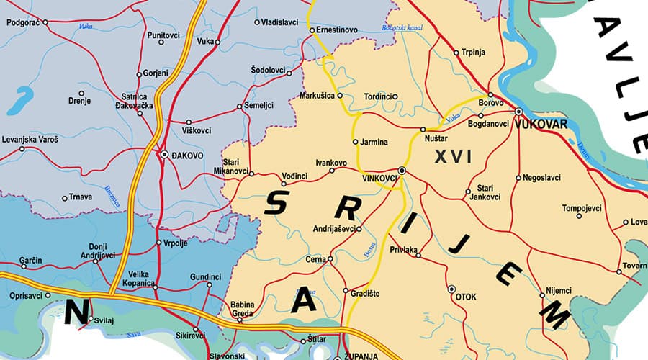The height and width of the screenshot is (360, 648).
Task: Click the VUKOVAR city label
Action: (x=543, y=123)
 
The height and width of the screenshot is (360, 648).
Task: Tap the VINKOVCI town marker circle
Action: (x=402, y=171)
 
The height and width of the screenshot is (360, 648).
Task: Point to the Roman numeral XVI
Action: (x=453, y=156)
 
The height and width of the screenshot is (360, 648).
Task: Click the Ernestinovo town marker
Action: (x=312, y=30)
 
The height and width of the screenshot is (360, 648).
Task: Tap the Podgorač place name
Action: (x=22, y=22)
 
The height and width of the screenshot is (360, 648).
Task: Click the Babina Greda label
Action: (x=243, y=308)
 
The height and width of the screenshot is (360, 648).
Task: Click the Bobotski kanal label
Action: (x=402, y=28)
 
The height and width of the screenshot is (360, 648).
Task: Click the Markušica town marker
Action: (x=340, y=95)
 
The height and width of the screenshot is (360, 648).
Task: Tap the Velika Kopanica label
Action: (x=138, y=279)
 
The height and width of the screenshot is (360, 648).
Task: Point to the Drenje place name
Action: (x=78, y=102)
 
